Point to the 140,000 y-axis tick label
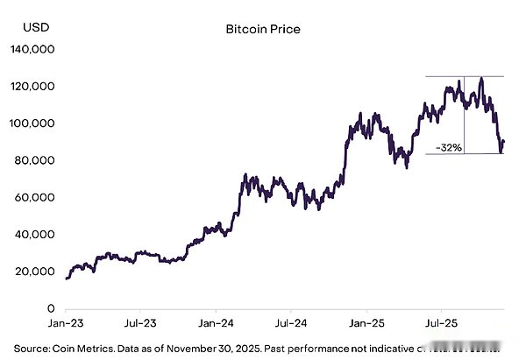coord(32,50)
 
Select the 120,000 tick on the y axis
coord(32,87)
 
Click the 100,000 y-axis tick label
coord(32,124)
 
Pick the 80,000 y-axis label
coord(35,160)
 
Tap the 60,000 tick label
coord(35,198)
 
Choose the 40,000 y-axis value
coord(35,235)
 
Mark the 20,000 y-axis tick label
coord(35,272)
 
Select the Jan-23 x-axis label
coord(67,324)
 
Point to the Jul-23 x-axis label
coord(140,324)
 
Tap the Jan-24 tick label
coord(216,324)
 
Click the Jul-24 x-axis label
coord(290,324)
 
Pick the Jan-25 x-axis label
coord(366,324)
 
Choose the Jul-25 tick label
coord(440,324)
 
